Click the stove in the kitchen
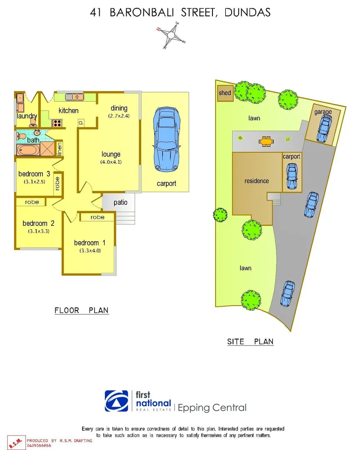click(57, 123)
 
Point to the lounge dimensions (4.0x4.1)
click(111, 162)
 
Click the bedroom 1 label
click(87, 243)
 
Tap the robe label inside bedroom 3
click(57, 184)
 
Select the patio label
click(120, 202)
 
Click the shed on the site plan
click(225, 93)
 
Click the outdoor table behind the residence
click(265, 142)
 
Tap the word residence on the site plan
click(257, 181)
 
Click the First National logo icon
click(117, 401)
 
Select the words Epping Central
click(212, 408)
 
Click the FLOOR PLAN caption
click(82, 310)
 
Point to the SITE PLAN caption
click(250, 342)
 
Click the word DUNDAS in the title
click(247, 12)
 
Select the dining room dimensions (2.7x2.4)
click(119, 116)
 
